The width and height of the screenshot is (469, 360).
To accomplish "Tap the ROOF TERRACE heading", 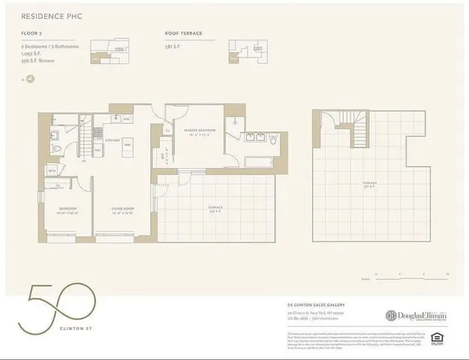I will tap(184, 34).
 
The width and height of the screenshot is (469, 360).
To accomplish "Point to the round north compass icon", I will tap(30, 78).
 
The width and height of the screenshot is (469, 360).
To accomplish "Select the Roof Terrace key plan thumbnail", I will tap(248, 50).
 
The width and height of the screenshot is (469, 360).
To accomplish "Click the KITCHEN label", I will tap(113, 140).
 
